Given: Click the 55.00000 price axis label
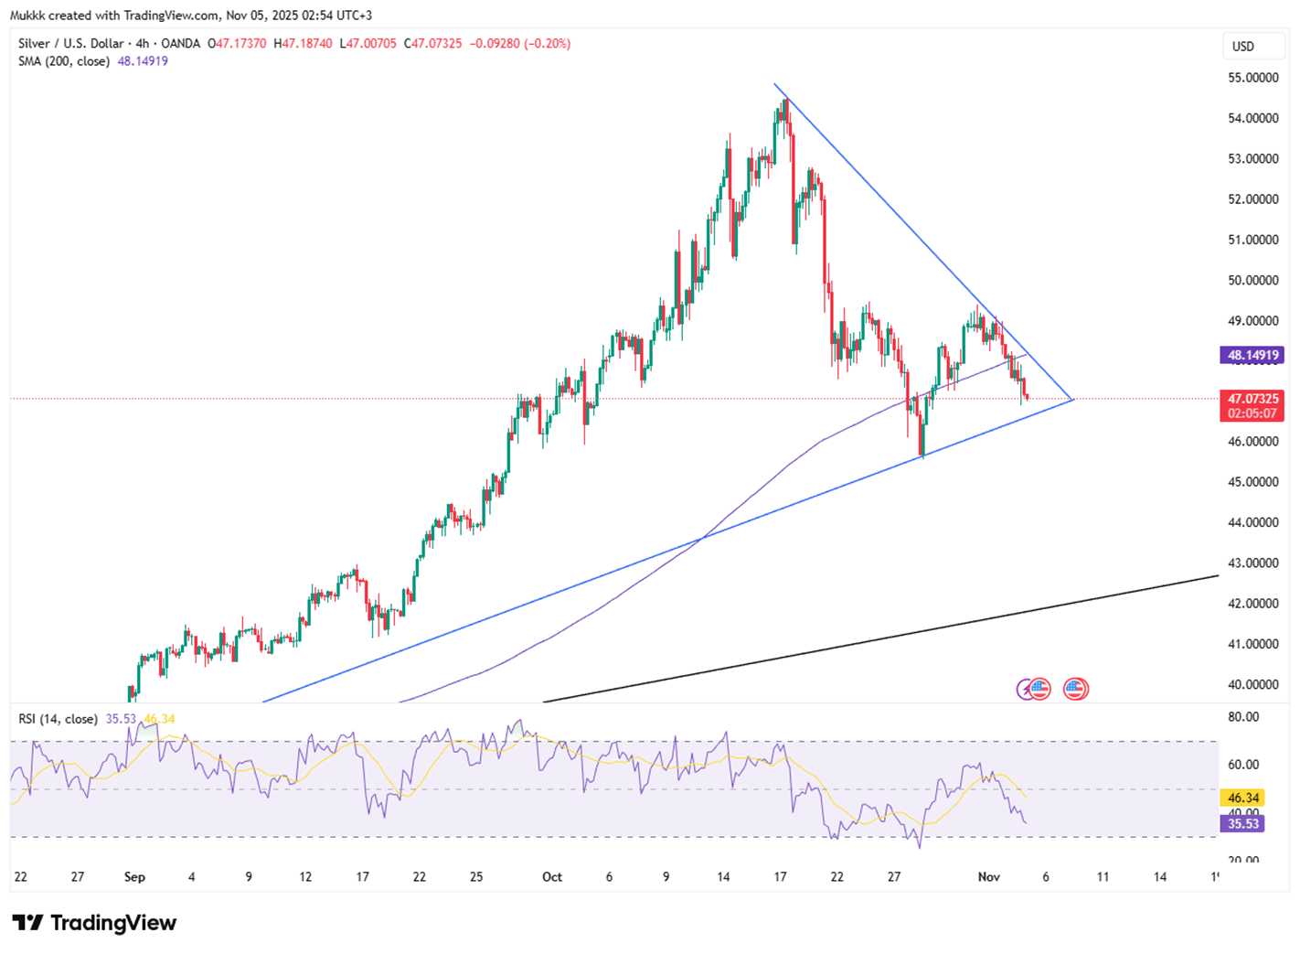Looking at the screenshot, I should [x=1252, y=78].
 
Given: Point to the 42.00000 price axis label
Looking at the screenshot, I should [x=1252, y=604].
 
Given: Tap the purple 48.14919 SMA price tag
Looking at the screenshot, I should [x=1252, y=355].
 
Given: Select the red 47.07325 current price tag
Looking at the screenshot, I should [x=1252, y=400].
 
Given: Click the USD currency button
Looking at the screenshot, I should [x=1243, y=47].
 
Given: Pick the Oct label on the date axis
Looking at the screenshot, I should [x=552, y=877].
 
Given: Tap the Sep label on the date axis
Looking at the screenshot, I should [x=134, y=877].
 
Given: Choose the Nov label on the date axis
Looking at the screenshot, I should [x=988, y=877].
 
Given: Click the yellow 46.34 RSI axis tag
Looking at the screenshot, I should [x=1243, y=799].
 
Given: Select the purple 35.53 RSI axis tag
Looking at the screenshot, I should [x=1243, y=824].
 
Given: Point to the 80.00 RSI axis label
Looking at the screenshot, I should [x=1243, y=717].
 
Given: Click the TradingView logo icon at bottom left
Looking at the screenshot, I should [x=28, y=923].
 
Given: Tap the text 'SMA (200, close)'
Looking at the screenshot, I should [x=64, y=61].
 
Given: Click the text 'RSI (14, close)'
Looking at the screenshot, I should [x=58, y=719].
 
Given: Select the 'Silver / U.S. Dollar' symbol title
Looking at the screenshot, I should [x=70, y=44].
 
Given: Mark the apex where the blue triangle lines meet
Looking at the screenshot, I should [x=1072, y=400].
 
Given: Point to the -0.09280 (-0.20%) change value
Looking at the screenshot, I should [x=519, y=44].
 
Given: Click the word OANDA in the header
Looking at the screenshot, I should [x=180, y=44].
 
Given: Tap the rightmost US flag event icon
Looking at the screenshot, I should [x=1076, y=689].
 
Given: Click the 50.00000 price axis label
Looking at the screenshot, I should [x=1252, y=280].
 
